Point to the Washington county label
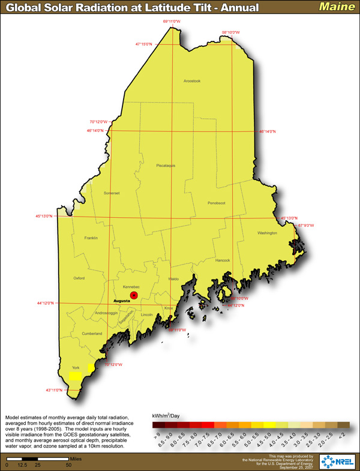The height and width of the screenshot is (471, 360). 267,233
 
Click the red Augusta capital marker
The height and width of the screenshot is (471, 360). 134,295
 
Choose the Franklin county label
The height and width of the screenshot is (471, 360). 91,238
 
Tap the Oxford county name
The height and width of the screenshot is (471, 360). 79,278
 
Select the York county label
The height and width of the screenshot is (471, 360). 76,367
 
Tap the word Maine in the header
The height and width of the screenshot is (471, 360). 336,7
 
